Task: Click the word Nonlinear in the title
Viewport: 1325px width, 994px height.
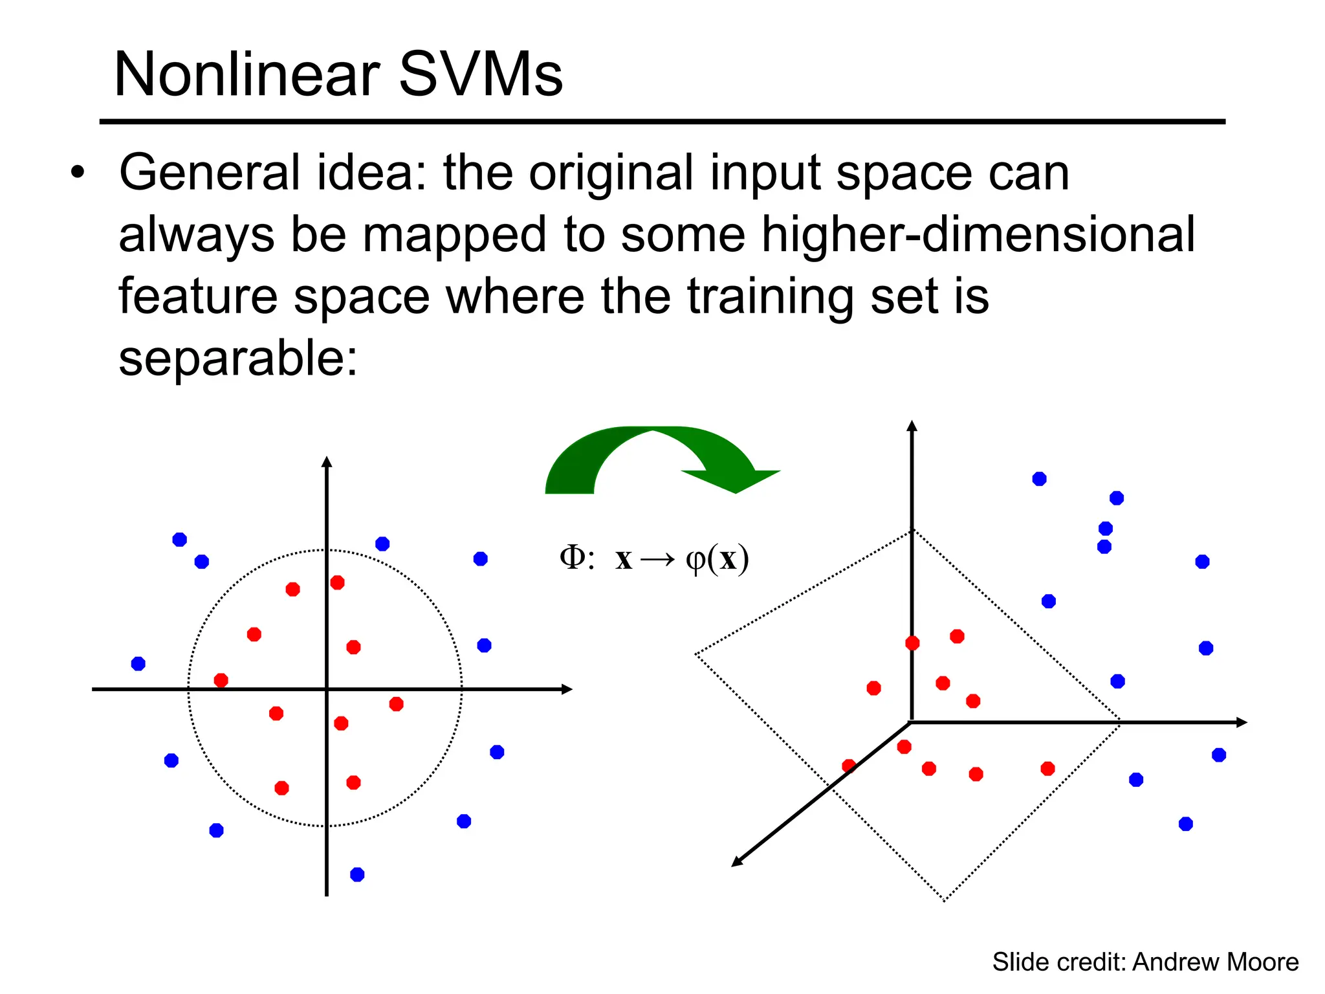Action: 246,75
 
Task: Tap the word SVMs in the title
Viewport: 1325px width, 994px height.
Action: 480,75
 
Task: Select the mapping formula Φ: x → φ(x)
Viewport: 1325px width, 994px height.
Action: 653,558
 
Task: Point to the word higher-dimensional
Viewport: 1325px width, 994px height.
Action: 978,234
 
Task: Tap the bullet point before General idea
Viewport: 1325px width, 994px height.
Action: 78,173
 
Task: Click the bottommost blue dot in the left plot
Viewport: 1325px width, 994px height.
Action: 357,875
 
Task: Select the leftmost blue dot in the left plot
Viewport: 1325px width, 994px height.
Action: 138,663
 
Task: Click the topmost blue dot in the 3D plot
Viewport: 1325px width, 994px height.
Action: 1039,479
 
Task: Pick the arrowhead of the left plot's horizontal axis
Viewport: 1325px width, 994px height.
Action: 567,689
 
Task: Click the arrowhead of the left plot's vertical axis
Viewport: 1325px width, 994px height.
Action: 327,461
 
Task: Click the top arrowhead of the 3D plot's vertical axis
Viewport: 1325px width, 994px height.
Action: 912,425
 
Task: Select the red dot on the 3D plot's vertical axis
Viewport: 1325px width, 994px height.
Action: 912,643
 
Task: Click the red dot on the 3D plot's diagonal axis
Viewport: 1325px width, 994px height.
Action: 849,766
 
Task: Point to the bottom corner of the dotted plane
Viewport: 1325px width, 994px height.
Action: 944,900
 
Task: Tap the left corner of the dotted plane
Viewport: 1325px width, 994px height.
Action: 696,654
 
